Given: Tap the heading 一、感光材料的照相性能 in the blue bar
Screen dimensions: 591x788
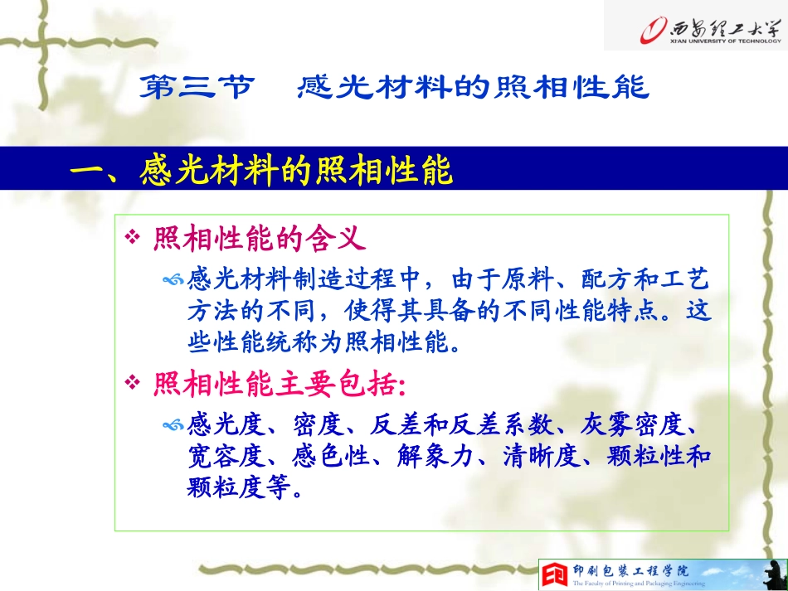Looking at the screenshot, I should pyautogui.click(x=262, y=172).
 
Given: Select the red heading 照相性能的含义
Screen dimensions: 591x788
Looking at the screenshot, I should pyautogui.click(x=259, y=240).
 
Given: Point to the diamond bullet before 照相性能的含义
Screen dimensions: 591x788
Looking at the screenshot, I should pyautogui.click(x=130, y=240).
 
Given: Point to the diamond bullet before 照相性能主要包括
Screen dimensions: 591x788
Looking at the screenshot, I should pyautogui.click(x=130, y=383).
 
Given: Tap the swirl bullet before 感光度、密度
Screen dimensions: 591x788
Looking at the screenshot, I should pyautogui.click(x=173, y=426).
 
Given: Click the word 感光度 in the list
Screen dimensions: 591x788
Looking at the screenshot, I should pyautogui.click(x=222, y=426).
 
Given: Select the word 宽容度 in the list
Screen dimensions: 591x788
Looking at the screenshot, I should pyautogui.click(x=222, y=457).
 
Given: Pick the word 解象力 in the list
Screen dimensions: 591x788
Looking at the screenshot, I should pyautogui.click(x=432, y=457).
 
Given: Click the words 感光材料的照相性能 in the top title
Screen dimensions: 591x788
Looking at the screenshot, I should pyautogui.click(x=473, y=88).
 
